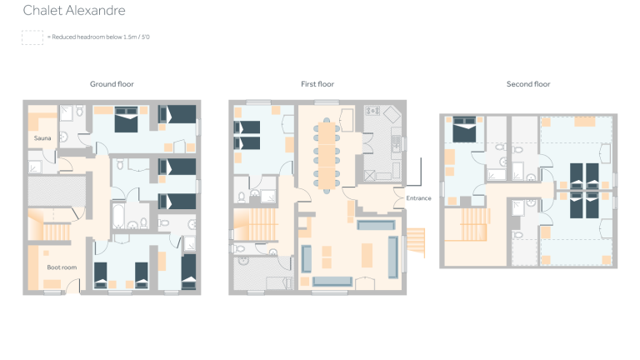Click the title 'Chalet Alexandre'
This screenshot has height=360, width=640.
click(74, 11)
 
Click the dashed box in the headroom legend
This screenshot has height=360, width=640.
click(32, 37)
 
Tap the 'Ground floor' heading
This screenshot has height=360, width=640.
click(112, 84)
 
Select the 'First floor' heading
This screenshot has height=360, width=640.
click(318, 84)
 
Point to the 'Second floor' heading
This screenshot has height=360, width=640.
click(528, 84)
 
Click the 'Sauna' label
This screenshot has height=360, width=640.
click(42, 137)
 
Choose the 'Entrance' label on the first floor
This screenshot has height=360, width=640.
click(418, 198)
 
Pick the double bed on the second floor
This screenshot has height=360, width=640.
click(464, 131)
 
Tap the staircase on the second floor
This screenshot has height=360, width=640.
click(465, 225)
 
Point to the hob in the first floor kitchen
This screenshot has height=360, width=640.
click(371, 111)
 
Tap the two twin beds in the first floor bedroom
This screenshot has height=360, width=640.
click(249, 134)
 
